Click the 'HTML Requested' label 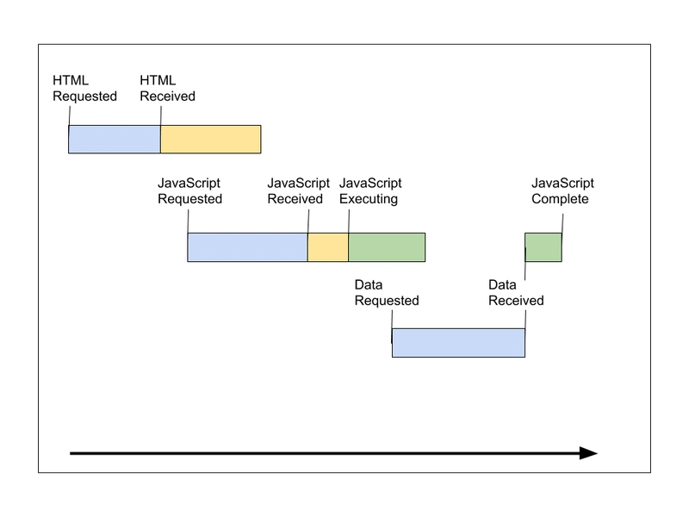pyautogui.click(x=84, y=89)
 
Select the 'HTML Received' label pyautogui.click(x=167, y=89)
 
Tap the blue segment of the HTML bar pyautogui.click(x=115, y=140)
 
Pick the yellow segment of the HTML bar pyautogui.click(x=211, y=140)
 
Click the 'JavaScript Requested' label pyautogui.click(x=189, y=190)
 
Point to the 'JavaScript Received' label pyautogui.click(x=298, y=190)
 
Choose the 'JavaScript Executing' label pyautogui.click(x=370, y=190)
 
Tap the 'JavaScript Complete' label pyautogui.click(x=562, y=190)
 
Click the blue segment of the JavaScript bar pyautogui.click(x=248, y=247)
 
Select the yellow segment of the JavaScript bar pyautogui.click(x=328, y=247)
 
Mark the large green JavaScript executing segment pyautogui.click(x=387, y=247)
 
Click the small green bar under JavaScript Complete pyautogui.click(x=543, y=247)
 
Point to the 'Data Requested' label pyautogui.click(x=387, y=292)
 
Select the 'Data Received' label pyautogui.click(x=516, y=292)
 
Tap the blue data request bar pyautogui.click(x=458, y=343)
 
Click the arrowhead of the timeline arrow pyautogui.click(x=589, y=453)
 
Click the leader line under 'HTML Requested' pyautogui.click(x=70, y=116)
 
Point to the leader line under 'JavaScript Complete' pyautogui.click(x=562, y=223)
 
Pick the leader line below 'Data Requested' pyautogui.click(x=392, y=320)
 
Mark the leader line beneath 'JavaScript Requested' pyautogui.click(x=188, y=221)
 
